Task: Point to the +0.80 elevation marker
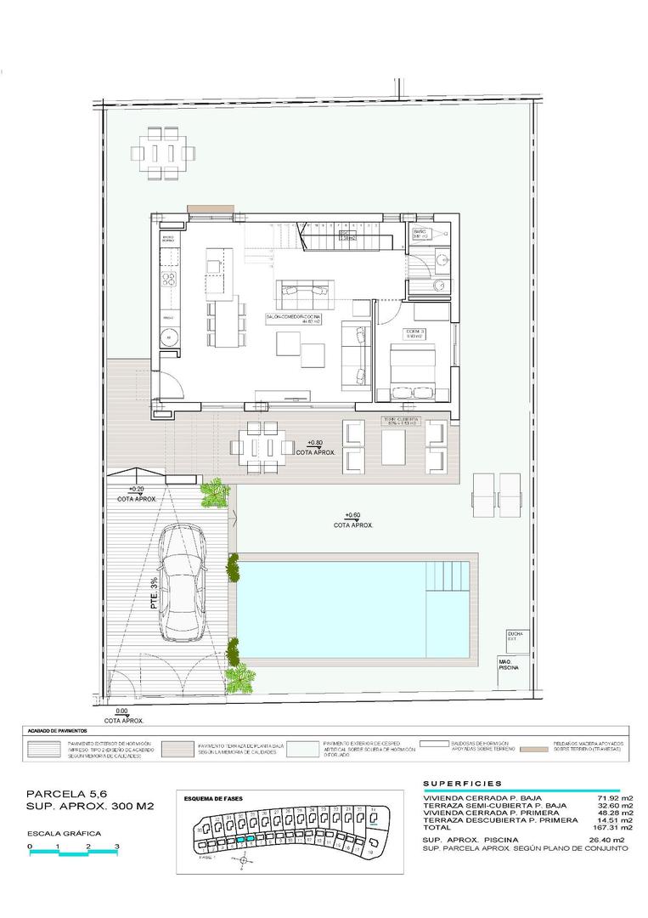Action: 314,443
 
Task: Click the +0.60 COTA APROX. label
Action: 353,520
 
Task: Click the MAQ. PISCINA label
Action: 510,666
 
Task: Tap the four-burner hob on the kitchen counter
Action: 169,280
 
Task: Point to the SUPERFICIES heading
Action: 462,783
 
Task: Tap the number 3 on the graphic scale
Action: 116,847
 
